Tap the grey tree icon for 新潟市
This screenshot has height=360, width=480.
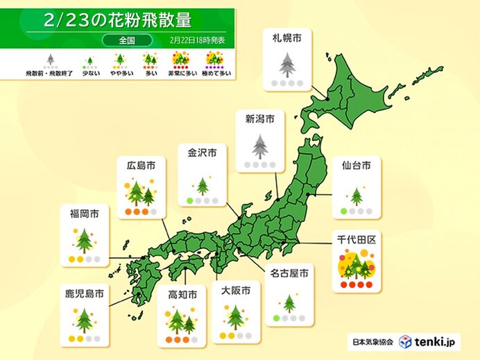(259, 146)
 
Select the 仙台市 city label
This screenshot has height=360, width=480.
(356, 165)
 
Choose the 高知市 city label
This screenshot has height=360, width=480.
(182, 295)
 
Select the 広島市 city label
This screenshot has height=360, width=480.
(141, 164)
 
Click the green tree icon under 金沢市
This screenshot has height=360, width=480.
(203, 185)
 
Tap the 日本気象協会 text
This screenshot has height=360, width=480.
(370, 342)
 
